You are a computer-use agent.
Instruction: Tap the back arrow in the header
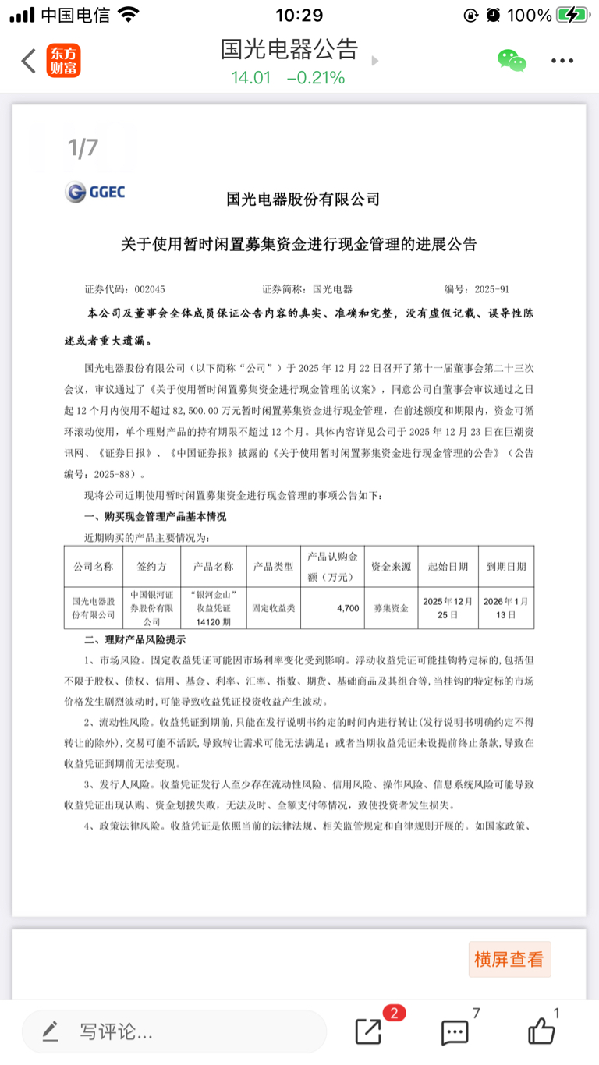[29, 61]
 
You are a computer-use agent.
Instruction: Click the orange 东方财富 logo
[64, 61]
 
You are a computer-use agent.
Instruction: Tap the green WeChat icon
[512, 61]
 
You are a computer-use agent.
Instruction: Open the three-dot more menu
[562, 61]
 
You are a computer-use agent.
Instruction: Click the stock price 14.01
[250, 78]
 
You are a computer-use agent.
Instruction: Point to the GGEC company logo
[95, 192]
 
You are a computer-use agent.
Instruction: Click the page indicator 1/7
[83, 147]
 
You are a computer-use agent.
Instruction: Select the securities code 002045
[149, 289]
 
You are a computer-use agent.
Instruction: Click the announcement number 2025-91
[492, 289]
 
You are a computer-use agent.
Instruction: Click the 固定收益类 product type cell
[273, 607]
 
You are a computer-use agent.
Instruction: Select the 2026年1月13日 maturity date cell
[506, 607]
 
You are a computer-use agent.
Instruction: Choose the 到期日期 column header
[506, 567]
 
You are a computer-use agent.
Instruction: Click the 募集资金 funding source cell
[391, 607]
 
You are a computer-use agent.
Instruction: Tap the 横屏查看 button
[509, 960]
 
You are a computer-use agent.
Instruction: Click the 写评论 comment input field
[173, 1032]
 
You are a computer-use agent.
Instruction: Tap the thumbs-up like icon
[541, 1031]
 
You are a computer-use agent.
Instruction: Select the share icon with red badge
[369, 1031]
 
